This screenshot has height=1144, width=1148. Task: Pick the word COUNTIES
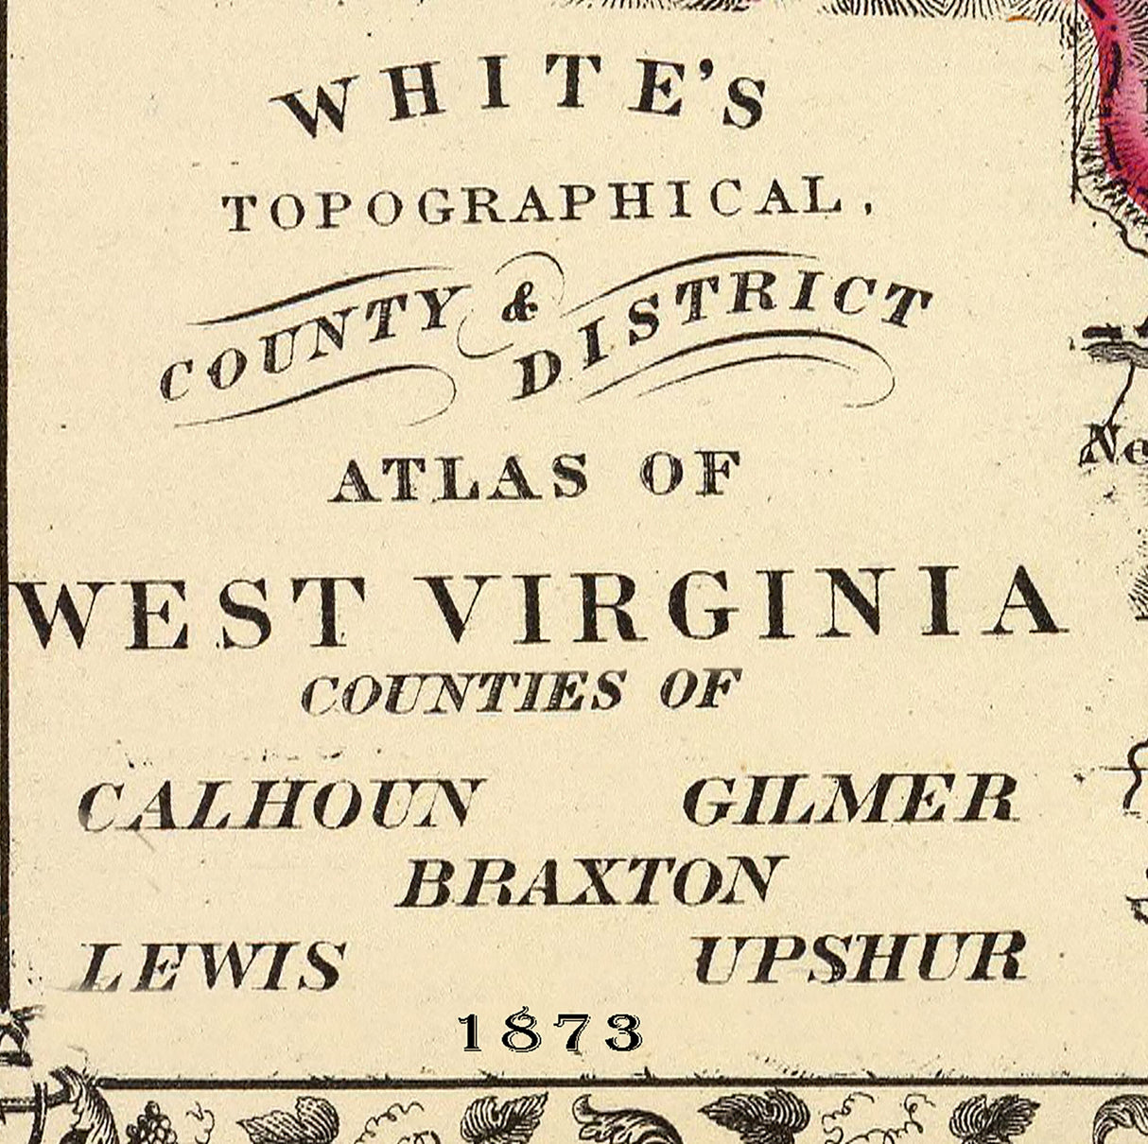463,694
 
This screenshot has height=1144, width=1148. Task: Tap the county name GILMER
849,799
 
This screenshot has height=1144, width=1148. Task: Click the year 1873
549,1032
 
